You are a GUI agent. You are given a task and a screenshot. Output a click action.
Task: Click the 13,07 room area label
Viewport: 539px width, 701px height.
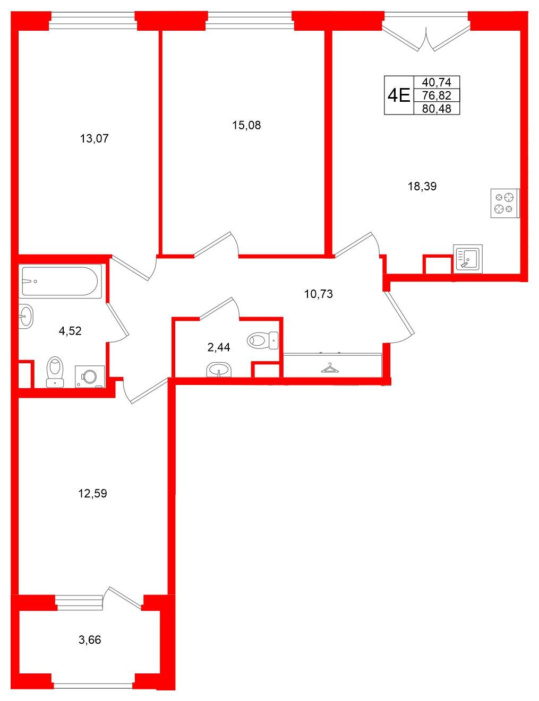point(94,138)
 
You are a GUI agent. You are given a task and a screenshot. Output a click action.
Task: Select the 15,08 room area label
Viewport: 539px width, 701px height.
point(246,125)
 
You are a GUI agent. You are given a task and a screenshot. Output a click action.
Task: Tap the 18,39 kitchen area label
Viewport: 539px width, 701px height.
point(422,186)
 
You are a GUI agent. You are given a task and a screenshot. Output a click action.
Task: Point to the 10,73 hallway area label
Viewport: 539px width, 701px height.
point(318,294)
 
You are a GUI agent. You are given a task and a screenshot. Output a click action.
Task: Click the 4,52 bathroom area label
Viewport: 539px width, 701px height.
point(70,331)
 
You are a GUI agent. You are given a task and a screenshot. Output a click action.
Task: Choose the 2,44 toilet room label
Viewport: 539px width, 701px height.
point(219,347)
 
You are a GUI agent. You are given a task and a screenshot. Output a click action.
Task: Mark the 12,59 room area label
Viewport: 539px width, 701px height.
point(92,494)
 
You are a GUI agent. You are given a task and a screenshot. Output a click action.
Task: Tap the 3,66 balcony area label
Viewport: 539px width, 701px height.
point(90,640)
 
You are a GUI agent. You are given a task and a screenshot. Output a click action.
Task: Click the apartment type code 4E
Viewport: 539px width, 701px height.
point(399,95)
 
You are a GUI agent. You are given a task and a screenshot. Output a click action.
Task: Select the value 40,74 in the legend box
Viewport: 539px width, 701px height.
point(437,82)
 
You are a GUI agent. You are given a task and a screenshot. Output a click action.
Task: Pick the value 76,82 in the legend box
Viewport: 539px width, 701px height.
point(437,95)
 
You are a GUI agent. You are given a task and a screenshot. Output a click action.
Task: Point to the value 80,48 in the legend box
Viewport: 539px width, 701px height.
point(437,109)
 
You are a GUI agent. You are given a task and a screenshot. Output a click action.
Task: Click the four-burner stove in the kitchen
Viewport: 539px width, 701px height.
point(504,203)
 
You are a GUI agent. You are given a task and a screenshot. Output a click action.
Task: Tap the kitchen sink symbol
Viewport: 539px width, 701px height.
point(468,258)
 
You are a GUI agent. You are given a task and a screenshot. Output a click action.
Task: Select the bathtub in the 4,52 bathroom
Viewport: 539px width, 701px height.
point(60,281)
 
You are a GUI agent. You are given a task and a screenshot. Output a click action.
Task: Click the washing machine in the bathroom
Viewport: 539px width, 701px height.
point(89,376)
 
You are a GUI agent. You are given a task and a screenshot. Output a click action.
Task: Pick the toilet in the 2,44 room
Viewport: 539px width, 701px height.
point(262,340)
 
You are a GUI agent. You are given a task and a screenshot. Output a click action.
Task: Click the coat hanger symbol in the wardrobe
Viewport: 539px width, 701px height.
point(330,367)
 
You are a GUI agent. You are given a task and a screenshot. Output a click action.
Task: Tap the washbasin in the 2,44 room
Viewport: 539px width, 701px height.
point(218,369)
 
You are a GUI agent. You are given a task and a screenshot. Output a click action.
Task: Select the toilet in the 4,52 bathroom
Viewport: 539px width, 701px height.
point(55,371)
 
